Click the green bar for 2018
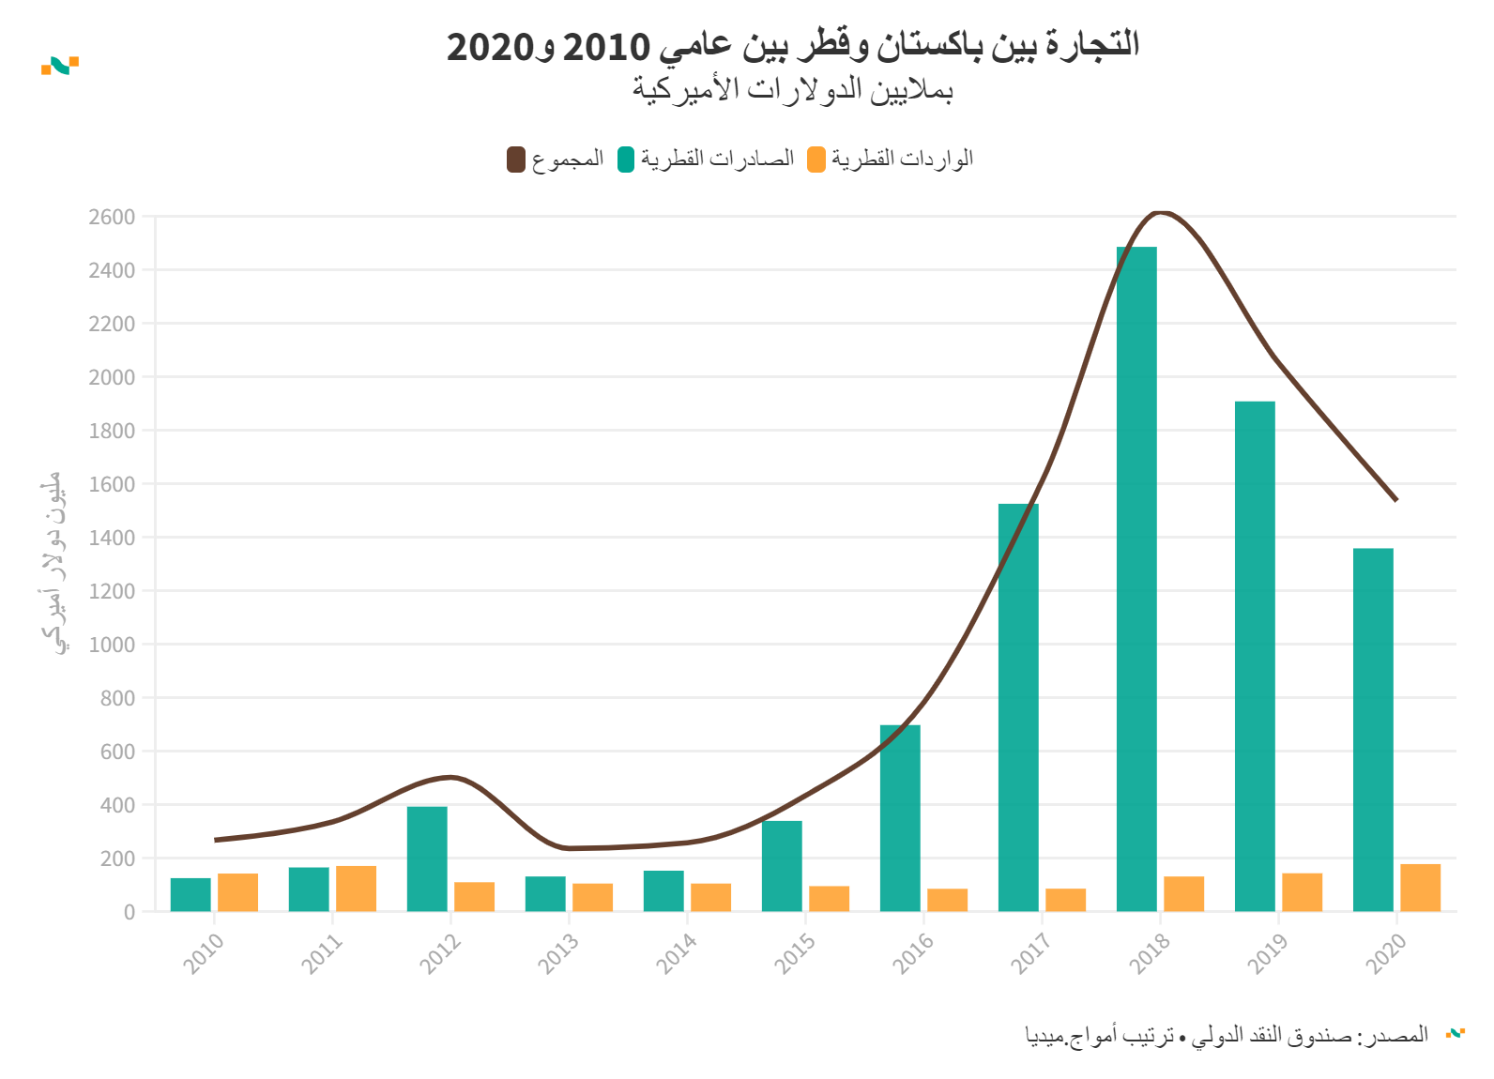click(1136, 579)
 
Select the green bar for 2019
click(1255, 656)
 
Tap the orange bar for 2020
click(1420, 888)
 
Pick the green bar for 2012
click(427, 859)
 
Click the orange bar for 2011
click(356, 889)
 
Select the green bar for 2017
click(1018, 707)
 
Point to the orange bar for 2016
click(947, 900)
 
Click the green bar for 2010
click(191, 894)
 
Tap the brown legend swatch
click(516, 160)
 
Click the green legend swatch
click(626, 160)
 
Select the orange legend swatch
click(816, 160)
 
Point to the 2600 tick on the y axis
click(112, 217)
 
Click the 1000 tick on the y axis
click(112, 645)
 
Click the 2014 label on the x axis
click(676, 953)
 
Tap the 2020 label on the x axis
click(1385, 953)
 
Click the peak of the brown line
click(1161, 213)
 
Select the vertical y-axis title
click(53, 563)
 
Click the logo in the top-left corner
click(60, 66)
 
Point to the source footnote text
click(1227, 1036)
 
